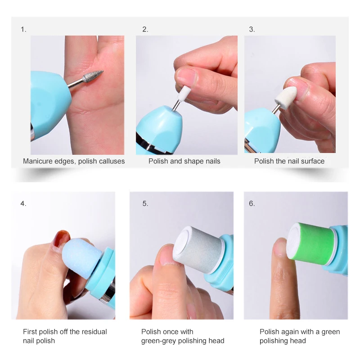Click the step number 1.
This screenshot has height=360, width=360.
[x=23, y=30]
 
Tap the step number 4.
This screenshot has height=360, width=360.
[x=23, y=203]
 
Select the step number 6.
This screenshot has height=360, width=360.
[x=252, y=203]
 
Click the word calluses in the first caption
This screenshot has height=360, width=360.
[x=110, y=161]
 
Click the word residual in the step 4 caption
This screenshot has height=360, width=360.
[x=92, y=332]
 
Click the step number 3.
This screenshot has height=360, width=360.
[x=252, y=30]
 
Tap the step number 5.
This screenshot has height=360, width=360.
[x=145, y=203]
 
